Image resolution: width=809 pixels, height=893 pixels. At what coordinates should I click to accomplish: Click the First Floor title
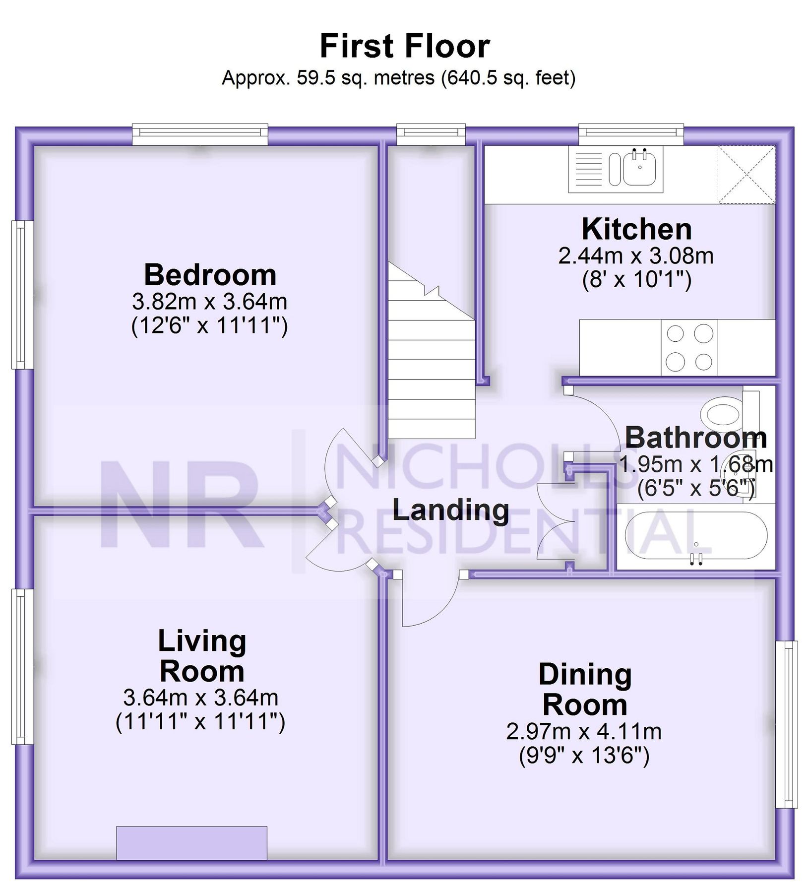pos(405,46)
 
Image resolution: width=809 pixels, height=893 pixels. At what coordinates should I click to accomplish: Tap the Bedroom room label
pos(210,275)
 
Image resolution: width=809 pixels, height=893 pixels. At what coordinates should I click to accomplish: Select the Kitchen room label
pos(636,229)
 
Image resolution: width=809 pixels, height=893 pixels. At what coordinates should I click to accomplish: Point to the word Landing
pos(451,510)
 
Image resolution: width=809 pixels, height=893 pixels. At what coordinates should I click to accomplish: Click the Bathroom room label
pos(695,438)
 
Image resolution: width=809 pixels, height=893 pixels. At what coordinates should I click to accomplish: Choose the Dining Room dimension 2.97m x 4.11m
pos(584,732)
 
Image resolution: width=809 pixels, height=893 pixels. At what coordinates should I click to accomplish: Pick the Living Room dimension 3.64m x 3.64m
pos(200,699)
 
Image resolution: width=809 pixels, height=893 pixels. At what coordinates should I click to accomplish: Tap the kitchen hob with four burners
pos(689,348)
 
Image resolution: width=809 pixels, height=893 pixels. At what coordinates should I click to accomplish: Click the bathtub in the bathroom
pos(696,536)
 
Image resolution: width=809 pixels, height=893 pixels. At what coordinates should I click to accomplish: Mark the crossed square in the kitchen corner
pos(747,175)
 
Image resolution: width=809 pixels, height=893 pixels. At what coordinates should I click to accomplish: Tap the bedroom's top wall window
pos(200,134)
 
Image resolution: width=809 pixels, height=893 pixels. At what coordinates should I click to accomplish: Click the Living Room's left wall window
pos(22,667)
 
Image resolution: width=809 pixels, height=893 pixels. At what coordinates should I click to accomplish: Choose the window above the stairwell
pos(431,134)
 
